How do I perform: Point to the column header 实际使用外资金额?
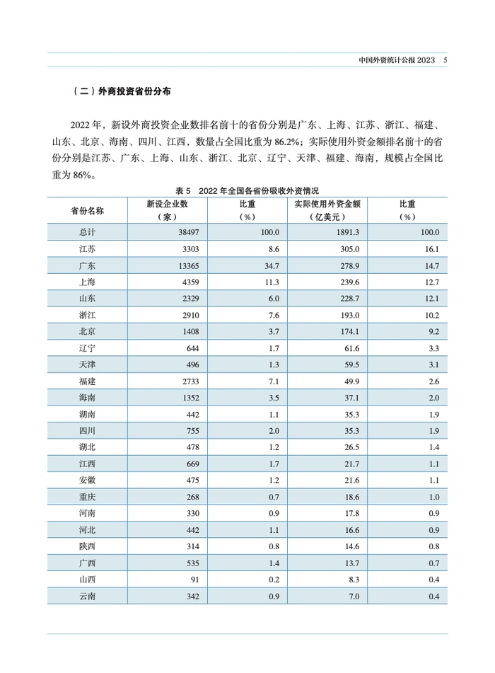(x=327, y=204)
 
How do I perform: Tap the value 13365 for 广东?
(x=187, y=265)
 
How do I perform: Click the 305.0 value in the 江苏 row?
(x=351, y=249)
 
